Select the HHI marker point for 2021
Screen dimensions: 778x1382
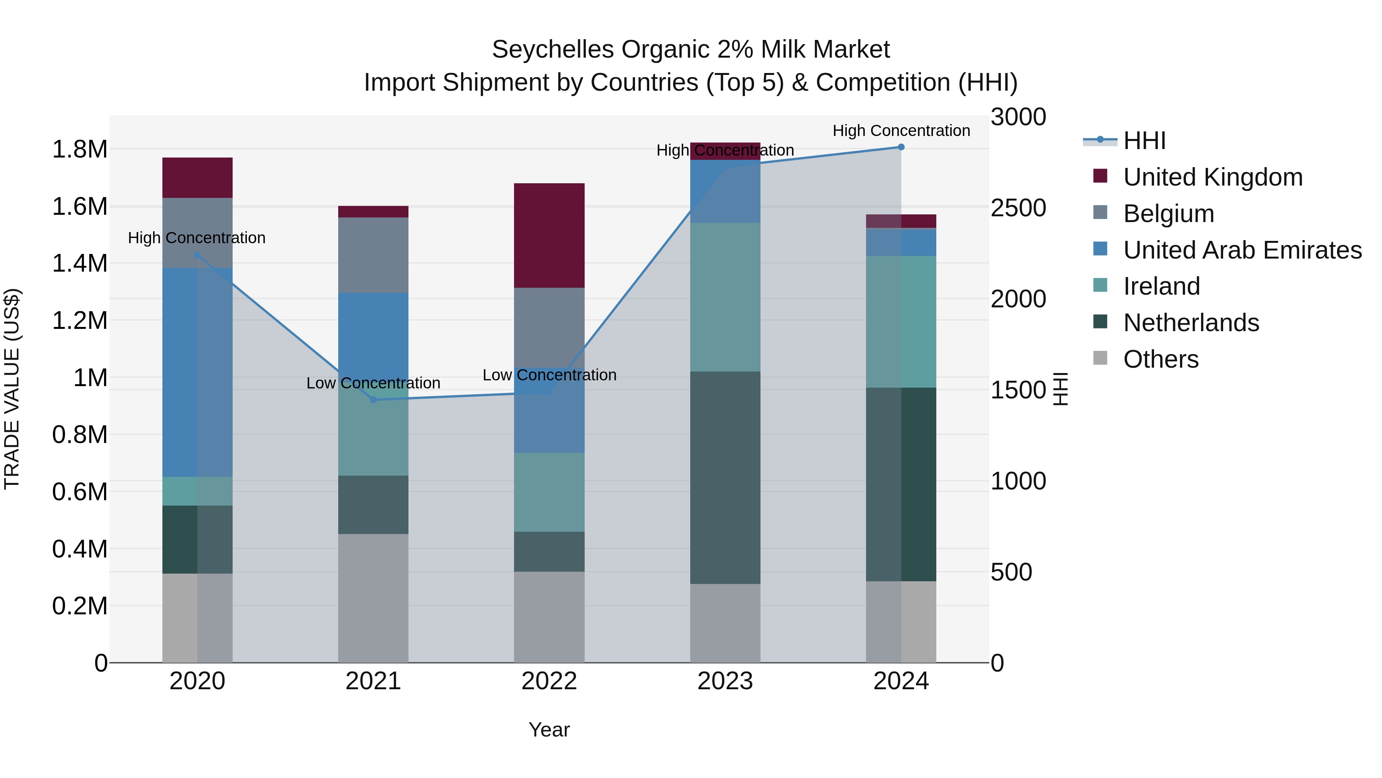(374, 400)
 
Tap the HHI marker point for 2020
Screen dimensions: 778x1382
(197, 255)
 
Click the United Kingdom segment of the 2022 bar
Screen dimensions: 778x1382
(549, 235)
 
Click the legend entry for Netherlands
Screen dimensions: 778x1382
(1190, 323)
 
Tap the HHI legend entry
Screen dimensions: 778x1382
(1144, 141)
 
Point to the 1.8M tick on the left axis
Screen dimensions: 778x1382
(80, 149)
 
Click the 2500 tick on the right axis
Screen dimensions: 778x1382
(1018, 208)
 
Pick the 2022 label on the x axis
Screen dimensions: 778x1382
(549, 681)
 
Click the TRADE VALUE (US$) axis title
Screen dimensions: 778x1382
(12, 389)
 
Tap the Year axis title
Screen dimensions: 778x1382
(549, 730)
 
